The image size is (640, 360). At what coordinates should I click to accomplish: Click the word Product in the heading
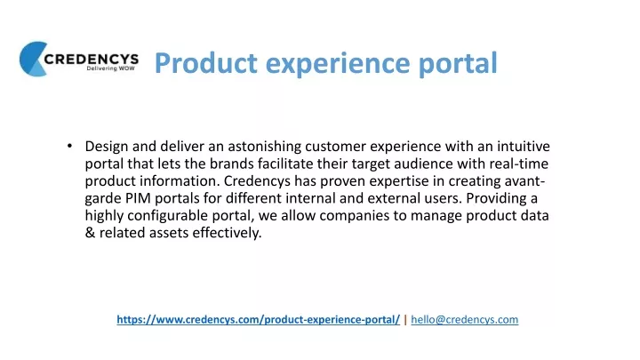[205, 63]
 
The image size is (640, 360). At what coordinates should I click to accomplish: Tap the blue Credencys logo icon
[34, 59]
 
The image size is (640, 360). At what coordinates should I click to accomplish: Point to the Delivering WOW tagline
[110, 68]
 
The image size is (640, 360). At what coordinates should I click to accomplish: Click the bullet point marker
[70, 146]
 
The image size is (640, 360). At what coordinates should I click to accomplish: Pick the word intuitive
[524, 146]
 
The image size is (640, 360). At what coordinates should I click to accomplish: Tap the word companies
[355, 216]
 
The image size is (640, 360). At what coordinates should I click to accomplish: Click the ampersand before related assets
[90, 233]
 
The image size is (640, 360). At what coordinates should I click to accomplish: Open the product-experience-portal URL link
[259, 319]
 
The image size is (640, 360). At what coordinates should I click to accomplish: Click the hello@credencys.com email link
[465, 319]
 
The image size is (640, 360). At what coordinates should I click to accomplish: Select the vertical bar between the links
[405, 320]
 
